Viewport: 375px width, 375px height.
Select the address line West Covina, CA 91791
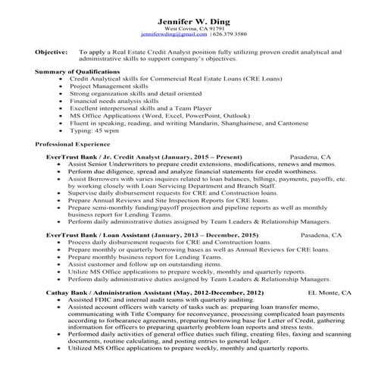point(186,29)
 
